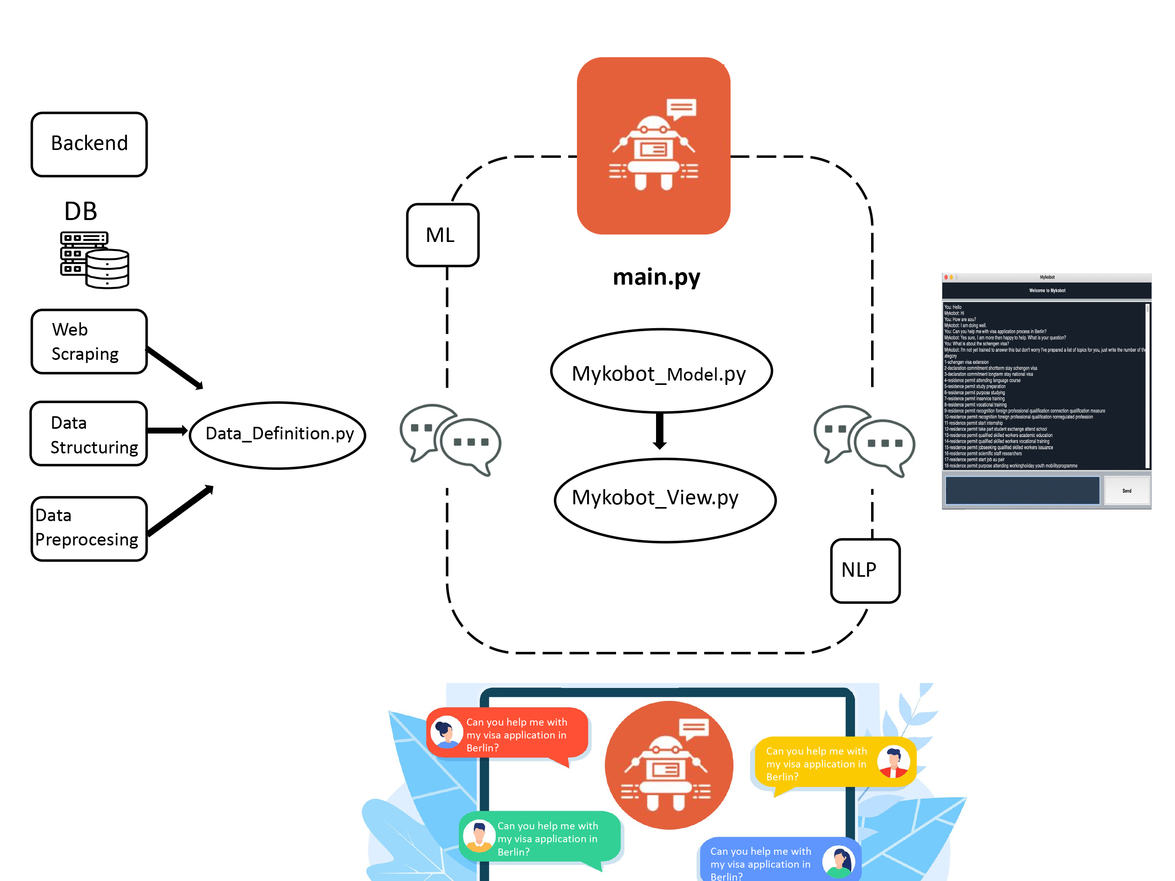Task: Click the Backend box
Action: click(x=89, y=144)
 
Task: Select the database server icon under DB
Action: click(x=94, y=260)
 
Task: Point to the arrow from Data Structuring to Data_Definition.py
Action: click(x=167, y=430)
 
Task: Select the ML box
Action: click(x=443, y=235)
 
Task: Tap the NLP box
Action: click(x=865, y=570)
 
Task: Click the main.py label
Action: click(x=656, y=277)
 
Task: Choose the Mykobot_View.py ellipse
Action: click(x=665, y=499)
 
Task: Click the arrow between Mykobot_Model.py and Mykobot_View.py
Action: click(x=660, y=431)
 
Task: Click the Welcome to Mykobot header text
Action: click(x=1047, y=291)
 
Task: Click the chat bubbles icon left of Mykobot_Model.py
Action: click(x=450, y=440)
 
